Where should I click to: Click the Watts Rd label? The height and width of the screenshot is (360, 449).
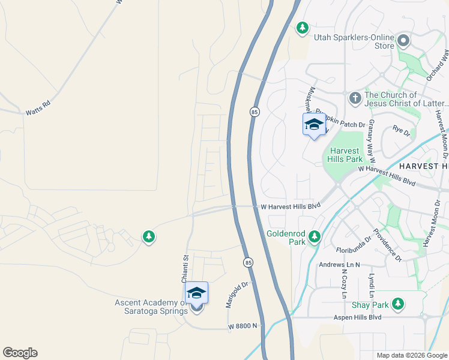point(37,112)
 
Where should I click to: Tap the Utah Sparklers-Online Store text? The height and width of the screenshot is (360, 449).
point(354,41)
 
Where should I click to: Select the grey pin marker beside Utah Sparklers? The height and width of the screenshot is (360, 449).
point(403,41)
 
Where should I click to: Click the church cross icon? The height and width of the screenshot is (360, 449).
point(355,97)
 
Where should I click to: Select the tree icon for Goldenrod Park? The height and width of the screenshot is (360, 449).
point(313,238)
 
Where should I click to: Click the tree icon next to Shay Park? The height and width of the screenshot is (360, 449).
point(397,304)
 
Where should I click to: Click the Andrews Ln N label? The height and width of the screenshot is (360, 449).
point(339,265)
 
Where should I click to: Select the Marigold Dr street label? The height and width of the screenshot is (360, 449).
point(237,295)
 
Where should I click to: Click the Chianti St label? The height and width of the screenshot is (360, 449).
point(185,265)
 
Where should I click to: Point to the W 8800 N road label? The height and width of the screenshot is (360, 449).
point(243,326)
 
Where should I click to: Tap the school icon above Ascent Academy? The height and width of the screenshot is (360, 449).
point(196,293)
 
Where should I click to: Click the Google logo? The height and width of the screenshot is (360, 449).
point(20,353)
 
